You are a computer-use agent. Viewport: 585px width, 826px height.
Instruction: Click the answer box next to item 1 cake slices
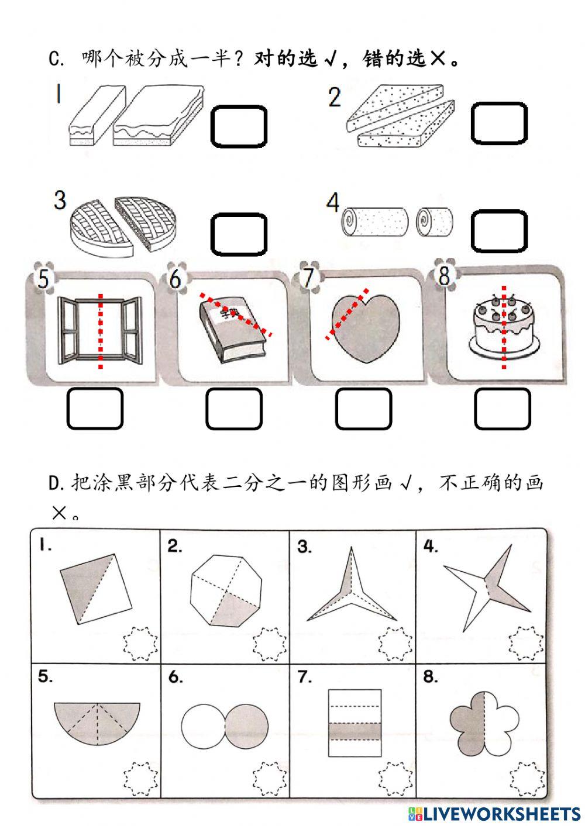(239, 126)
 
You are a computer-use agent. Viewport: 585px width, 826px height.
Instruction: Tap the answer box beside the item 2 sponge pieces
(499, 123)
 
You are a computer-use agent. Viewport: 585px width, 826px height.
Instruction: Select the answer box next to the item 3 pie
(239, 234)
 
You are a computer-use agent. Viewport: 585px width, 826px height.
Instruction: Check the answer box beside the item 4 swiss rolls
(499, 231)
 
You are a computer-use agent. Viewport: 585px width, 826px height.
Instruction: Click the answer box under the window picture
(95, 409)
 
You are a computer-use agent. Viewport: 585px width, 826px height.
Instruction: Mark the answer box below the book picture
(233, 409)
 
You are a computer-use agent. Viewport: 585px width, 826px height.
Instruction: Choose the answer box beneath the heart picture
(363, 409)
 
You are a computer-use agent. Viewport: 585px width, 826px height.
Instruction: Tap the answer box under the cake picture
(502, 409)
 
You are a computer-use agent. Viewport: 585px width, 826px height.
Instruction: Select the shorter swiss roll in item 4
(434, 222)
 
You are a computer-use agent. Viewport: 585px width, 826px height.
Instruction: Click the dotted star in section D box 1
(140, 643)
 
